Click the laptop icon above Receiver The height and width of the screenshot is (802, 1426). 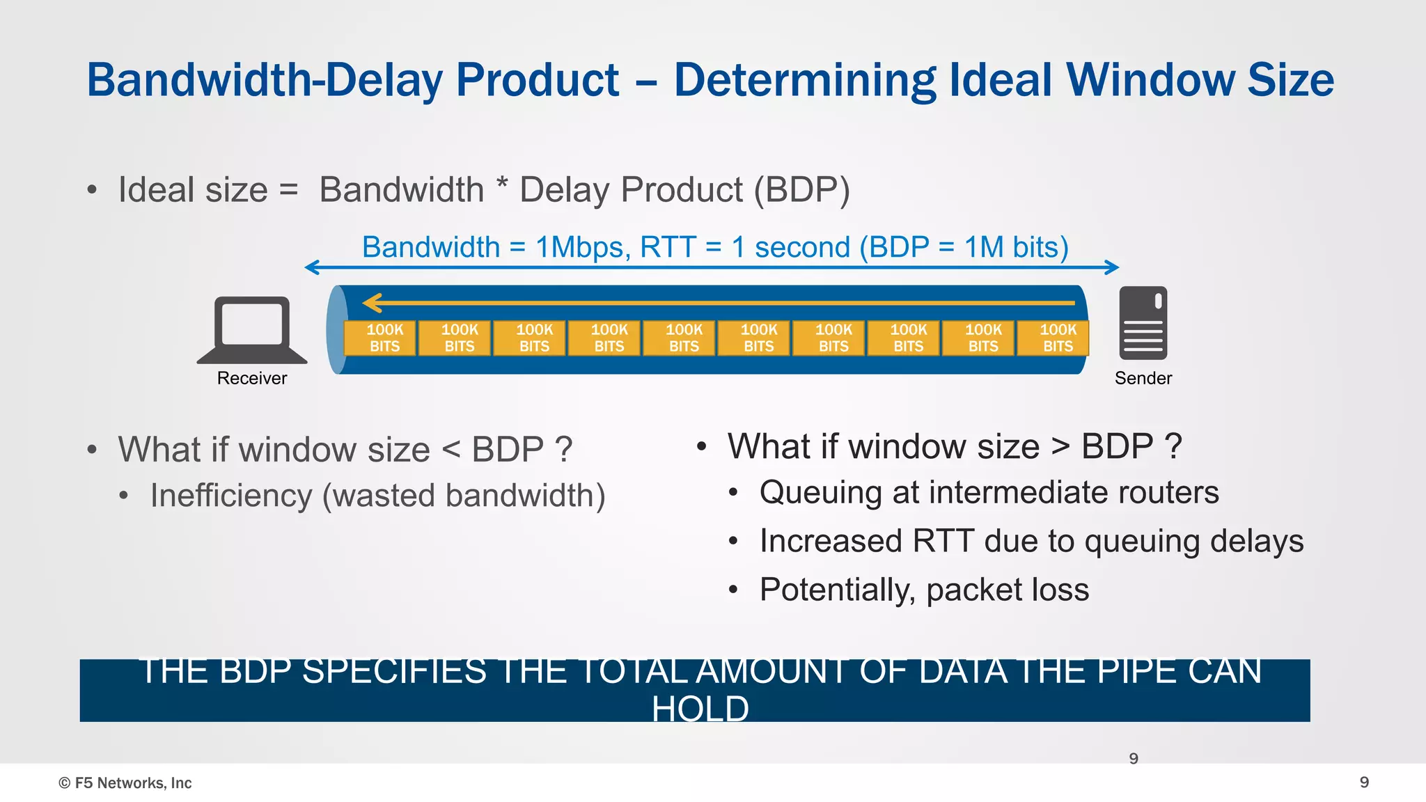pos(252,329)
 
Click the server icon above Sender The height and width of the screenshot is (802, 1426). pos(1143,323)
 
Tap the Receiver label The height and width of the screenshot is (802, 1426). pos(252,378)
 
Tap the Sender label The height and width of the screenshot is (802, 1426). pos(1143,378)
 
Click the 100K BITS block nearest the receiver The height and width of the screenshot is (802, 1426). pos(384,338)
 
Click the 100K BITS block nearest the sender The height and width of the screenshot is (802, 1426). pos(1058,338)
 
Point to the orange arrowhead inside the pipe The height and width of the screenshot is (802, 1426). pos(373,303)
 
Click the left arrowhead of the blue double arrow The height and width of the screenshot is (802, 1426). pos(311,267)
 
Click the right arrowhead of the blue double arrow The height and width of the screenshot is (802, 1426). pos(1113,267)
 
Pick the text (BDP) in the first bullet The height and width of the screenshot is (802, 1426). pos(802,190)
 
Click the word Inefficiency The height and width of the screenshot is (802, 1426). pos(231,496)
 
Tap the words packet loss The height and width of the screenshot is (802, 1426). pos(1007,590)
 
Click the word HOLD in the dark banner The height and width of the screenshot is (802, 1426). pos(700,709)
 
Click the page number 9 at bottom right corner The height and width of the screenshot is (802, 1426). pos(1364,783)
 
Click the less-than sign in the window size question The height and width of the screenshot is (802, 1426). pos(451,450)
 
